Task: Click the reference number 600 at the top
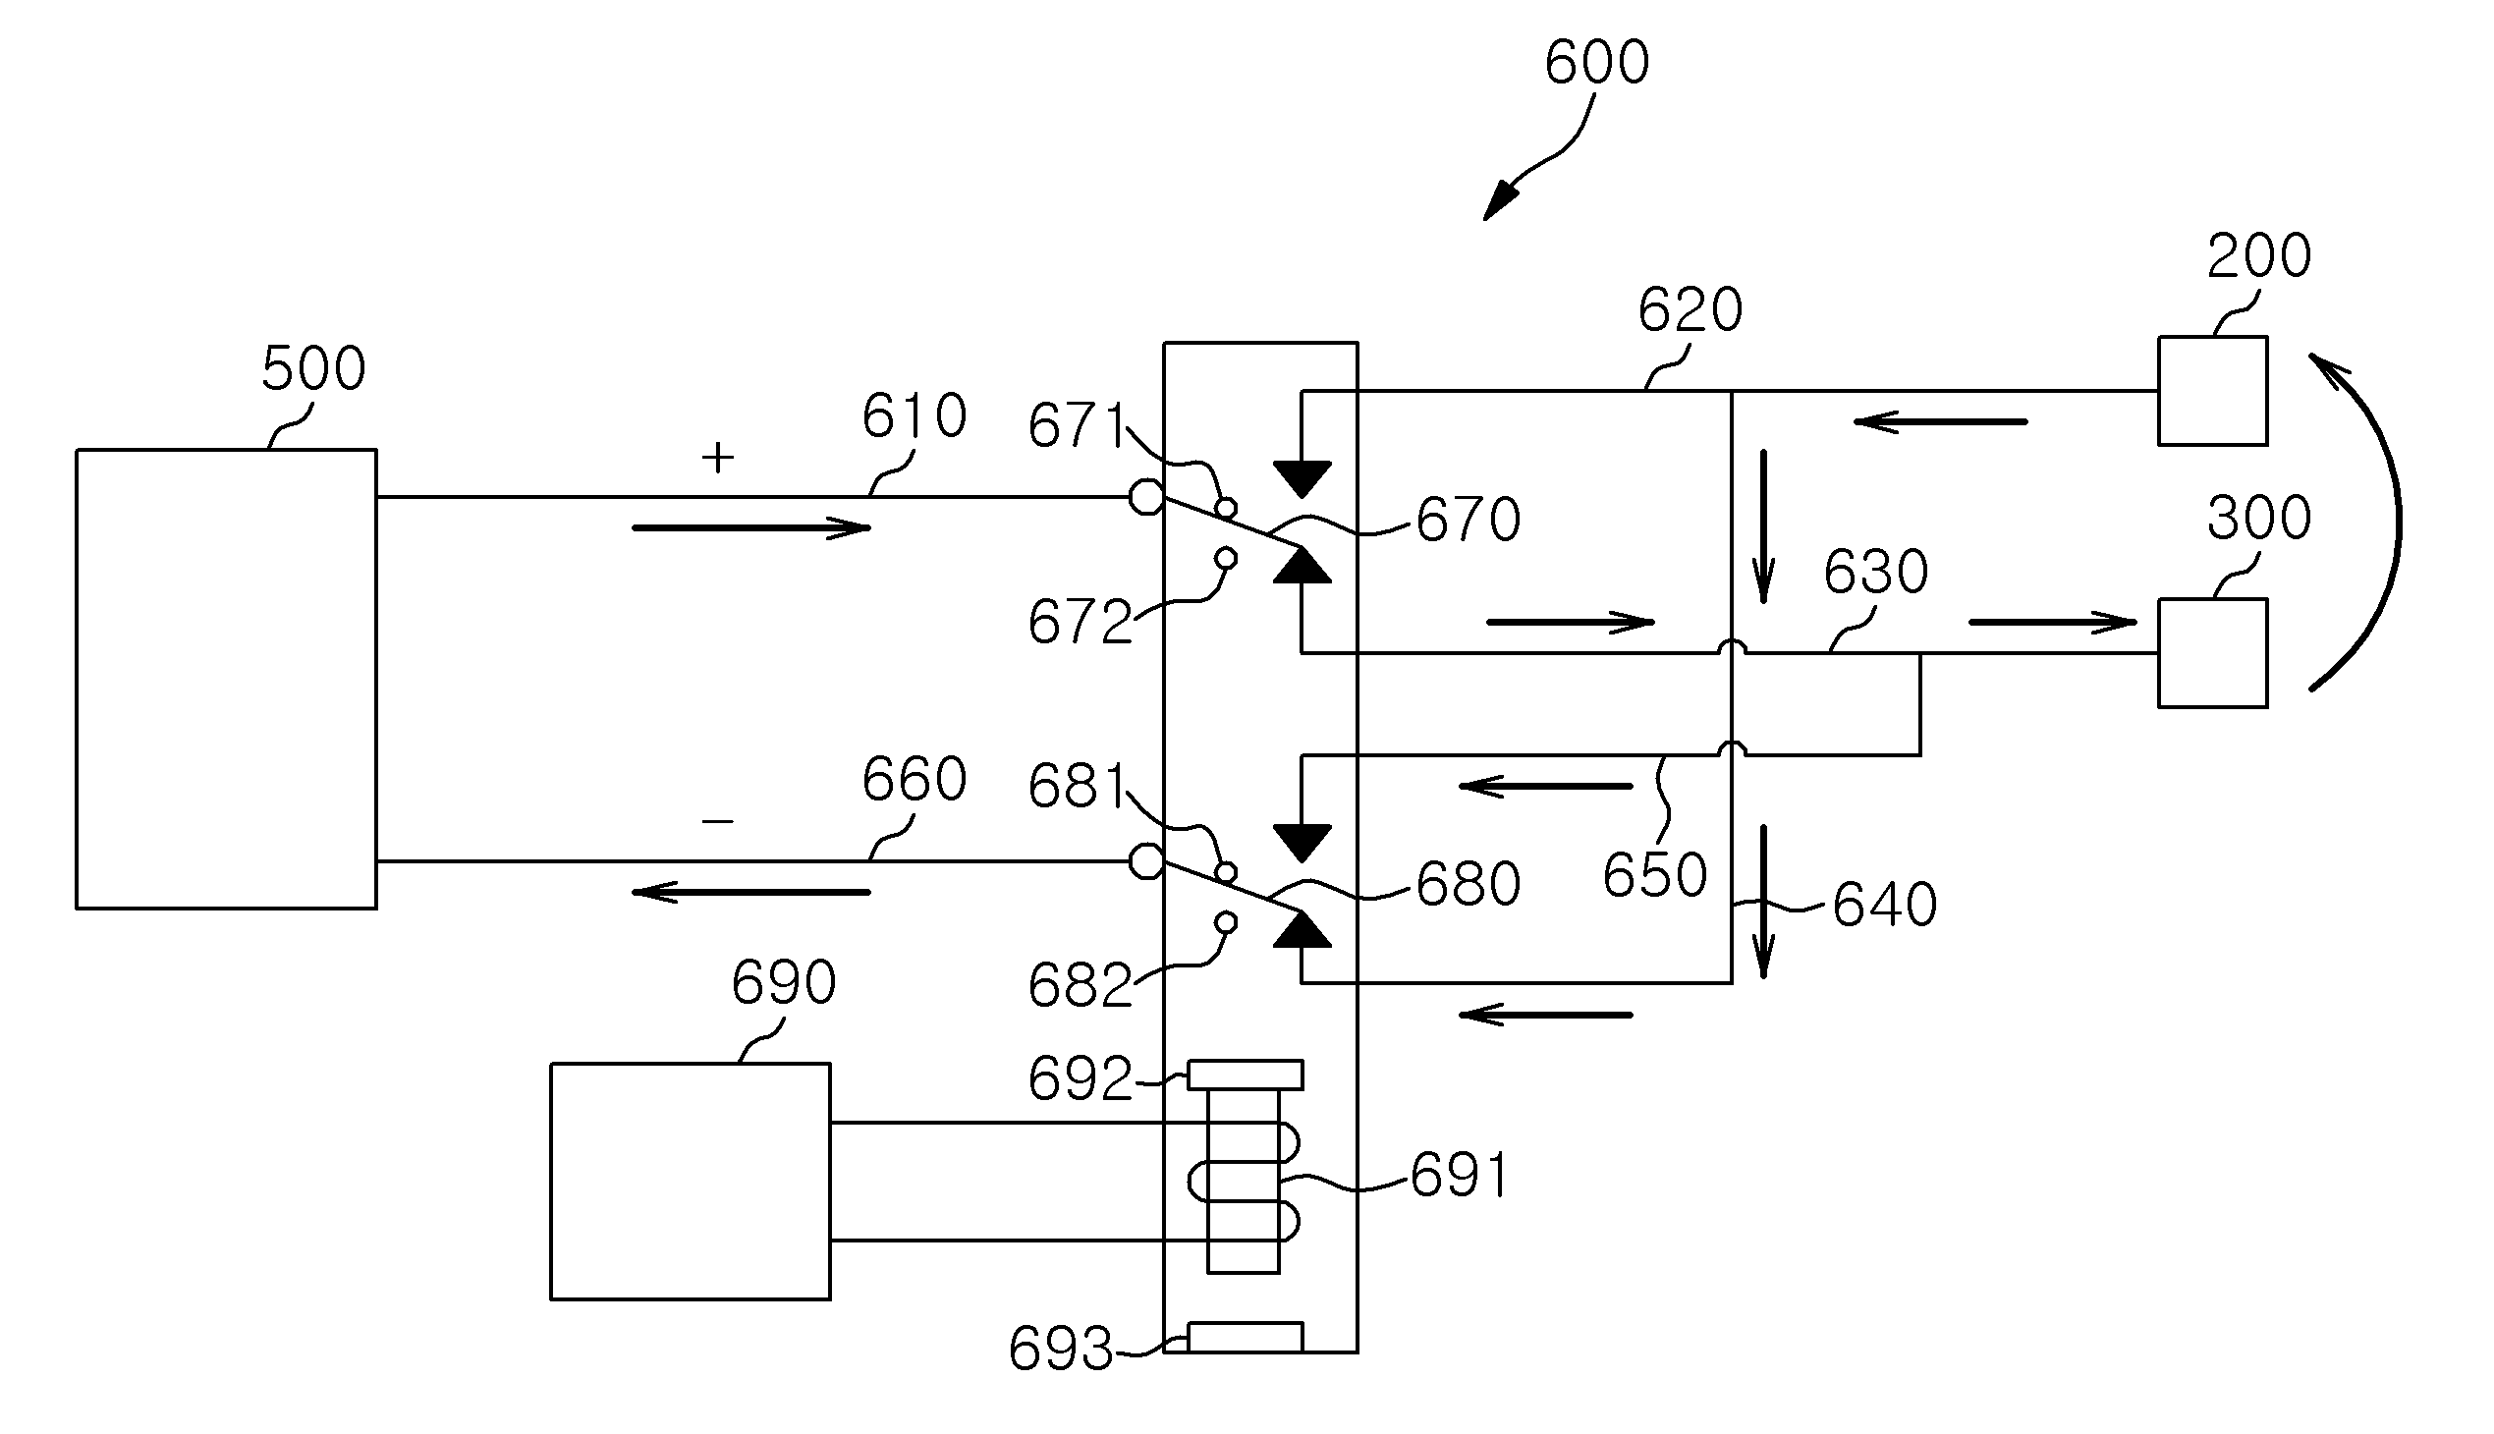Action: pos(1596,62)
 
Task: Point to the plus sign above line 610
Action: pos(718,457)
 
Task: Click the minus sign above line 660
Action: pos(718,821)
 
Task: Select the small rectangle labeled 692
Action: pos(1245,1075)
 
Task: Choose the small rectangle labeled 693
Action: pos(1245,1337)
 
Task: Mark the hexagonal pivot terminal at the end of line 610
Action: pos(1145,497)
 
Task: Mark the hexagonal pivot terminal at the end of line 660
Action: pos(1145,861)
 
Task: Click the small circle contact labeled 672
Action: pos(1226,559)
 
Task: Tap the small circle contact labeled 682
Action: pos(1226,923)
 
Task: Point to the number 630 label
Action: pos(1875,573)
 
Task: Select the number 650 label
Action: pos(1655,874)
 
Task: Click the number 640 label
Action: pos(1884,905)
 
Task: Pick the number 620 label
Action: pos(1690,310)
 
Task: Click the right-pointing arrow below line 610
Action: pos(751,528)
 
